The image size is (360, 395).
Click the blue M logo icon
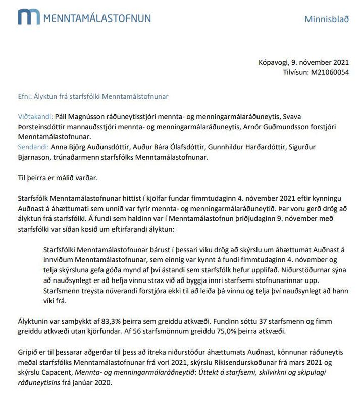(x=28, y=16)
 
